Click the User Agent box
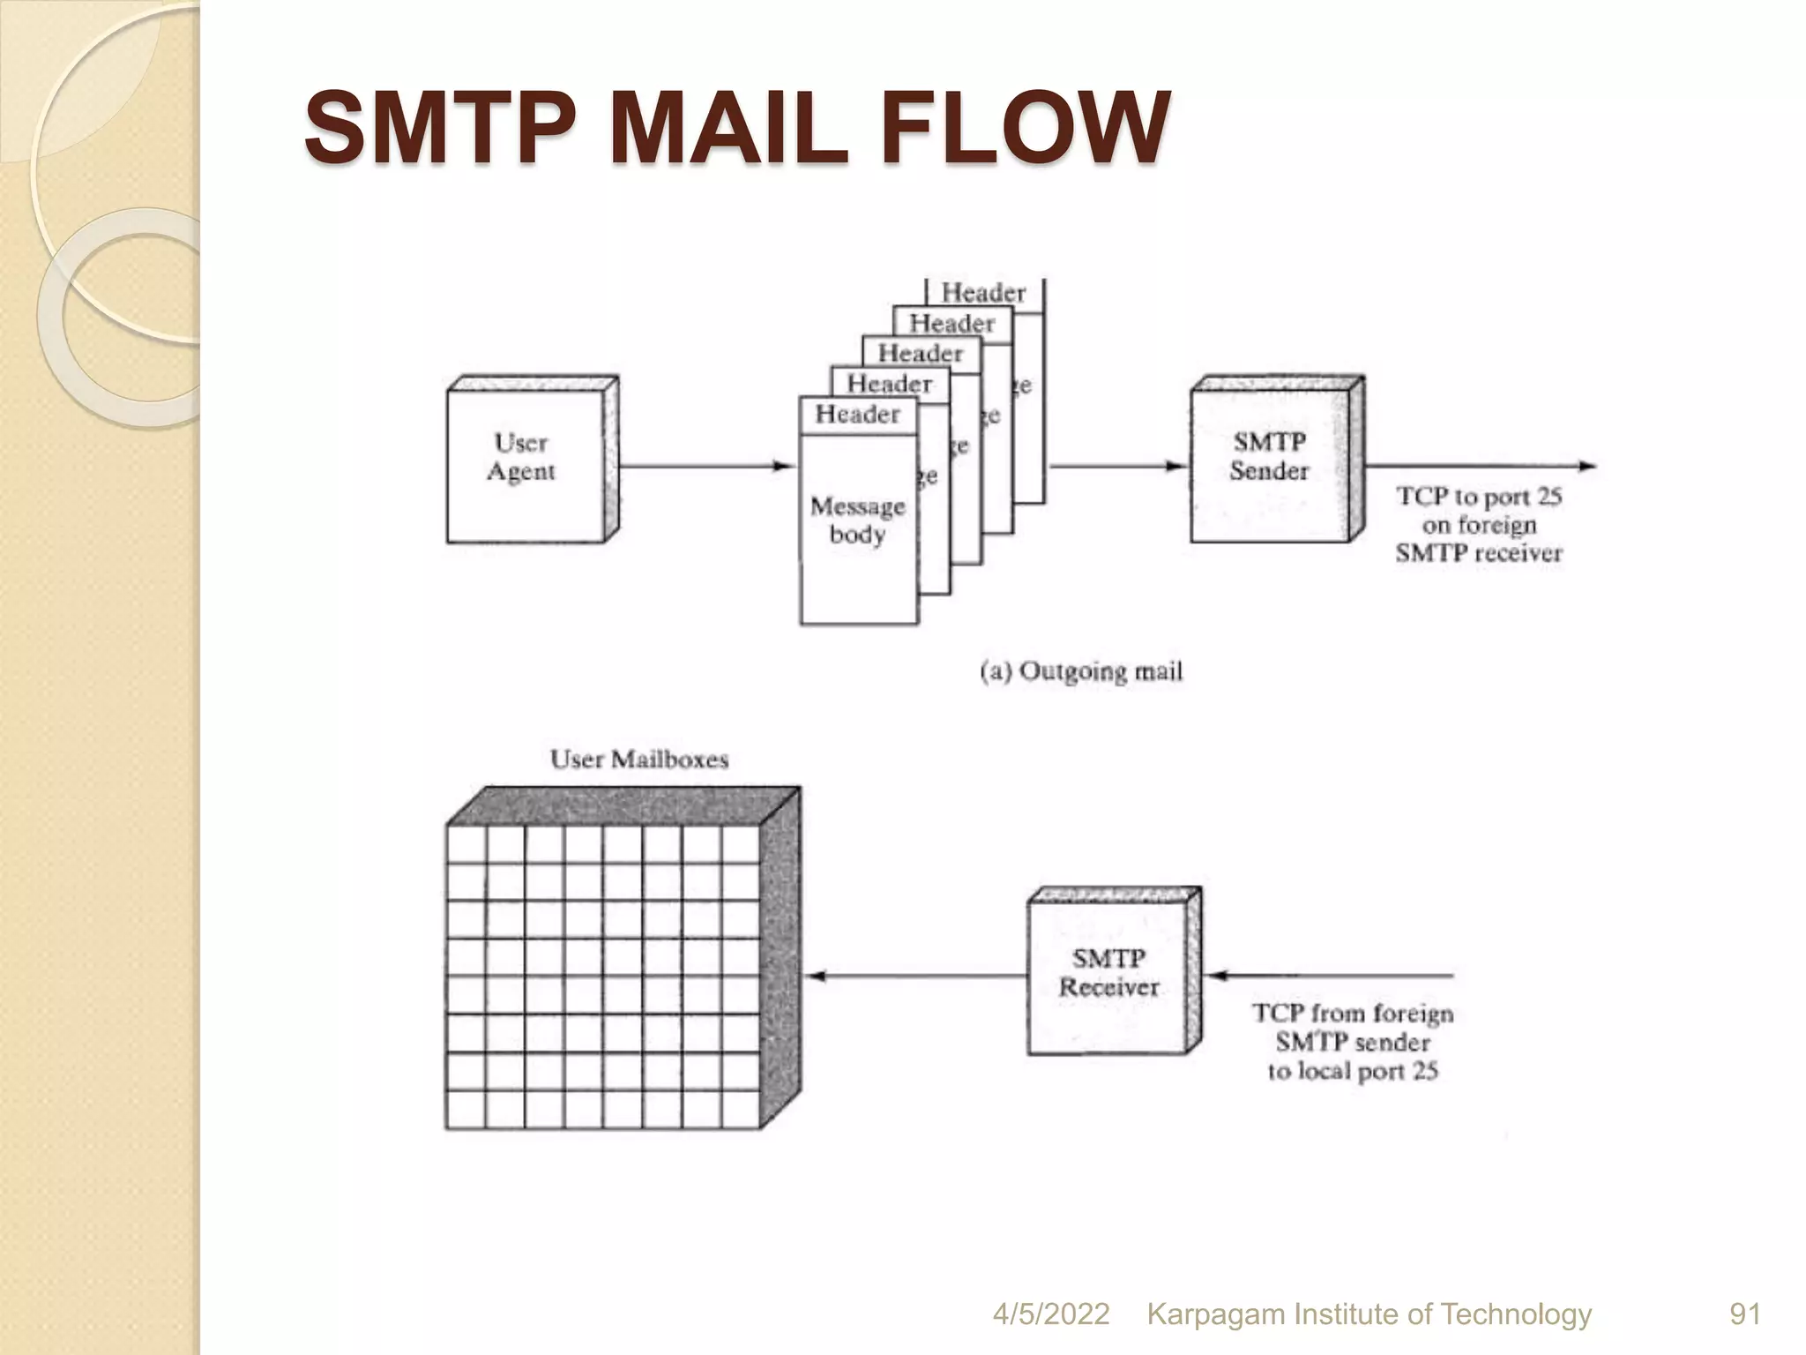tap(526, 463)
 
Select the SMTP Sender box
tap(1269, 460)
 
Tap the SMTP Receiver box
tap(1108, 973)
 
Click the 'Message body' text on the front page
tap(857, 520)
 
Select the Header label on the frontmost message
tap(857, 414)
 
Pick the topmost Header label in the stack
tap(983, 292)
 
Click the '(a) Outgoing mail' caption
tap(1080, 672)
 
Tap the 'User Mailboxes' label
tap(639, 760)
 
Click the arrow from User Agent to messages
tap(705, 466)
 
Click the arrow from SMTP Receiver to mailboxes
tap(917, 976)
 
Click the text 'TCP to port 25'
tap(1479, 497)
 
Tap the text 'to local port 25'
tap(1353, 1072)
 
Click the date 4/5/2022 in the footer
tap(1050, 1314)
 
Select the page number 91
tap(1745, 1314)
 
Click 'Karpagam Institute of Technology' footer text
tap(1369, 1314)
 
